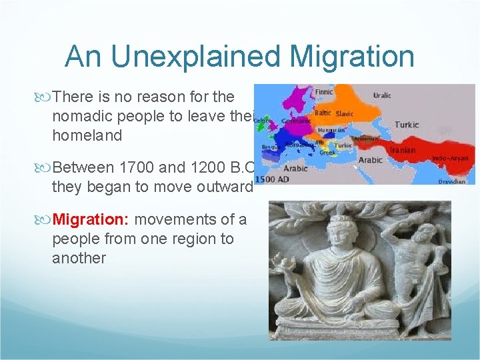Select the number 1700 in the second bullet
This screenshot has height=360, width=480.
[x=135, y=168]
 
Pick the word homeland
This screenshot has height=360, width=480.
[x=87, y=135]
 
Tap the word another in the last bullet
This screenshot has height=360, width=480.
[x=79, y=258]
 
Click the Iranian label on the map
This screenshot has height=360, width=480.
[x=402, y=150]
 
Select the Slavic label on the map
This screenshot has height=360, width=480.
[x=345, y=114]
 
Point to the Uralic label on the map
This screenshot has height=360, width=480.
[x=382, y=95]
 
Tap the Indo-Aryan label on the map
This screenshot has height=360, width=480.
[x=450, y=157]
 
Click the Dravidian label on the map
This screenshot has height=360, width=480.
[x=451, y=181]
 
